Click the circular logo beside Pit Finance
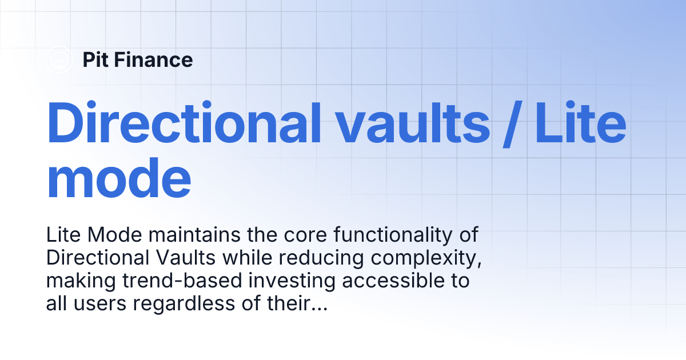[59, 60]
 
